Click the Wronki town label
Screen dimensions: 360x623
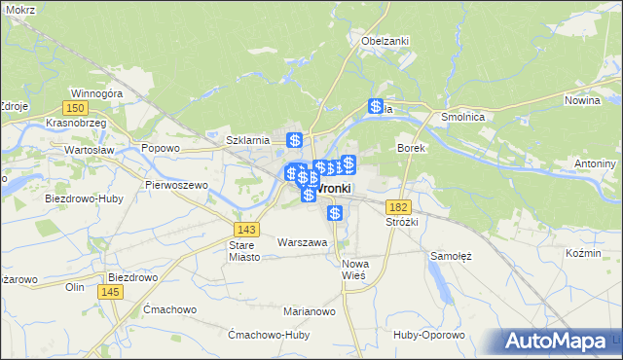pos(335,188)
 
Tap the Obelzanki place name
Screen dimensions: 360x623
pos(385,41)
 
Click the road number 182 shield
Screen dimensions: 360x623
pos(397,207)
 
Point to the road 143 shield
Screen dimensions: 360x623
pos(246,229)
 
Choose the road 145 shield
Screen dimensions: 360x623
pos(114,291)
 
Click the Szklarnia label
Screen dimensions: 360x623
pos(247,140)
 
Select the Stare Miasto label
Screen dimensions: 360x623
pos(240,251)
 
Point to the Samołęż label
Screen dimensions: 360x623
pos(451,256)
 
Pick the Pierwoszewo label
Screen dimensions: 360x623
pos(176,184)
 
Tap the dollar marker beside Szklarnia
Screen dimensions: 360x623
pos(294,140)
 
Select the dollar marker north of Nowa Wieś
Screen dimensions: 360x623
pos(335,213)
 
